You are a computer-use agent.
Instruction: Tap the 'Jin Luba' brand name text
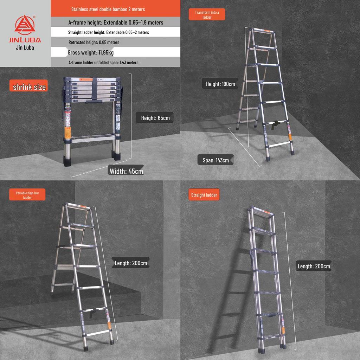(x=25, y=48)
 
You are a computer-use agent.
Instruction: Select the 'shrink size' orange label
(x=29, y=87)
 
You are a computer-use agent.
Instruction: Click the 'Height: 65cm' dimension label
(x=155, y=118)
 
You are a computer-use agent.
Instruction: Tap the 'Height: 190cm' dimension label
(x=220, y=84)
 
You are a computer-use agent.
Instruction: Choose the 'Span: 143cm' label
(x=216, y=160)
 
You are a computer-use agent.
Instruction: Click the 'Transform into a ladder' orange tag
(x=207, y=15)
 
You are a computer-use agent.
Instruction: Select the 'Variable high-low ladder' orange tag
(x=27, y=195)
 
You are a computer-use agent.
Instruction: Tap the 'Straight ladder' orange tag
(x=204, y=195)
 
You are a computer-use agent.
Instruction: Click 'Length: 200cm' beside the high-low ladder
(x=131, y=263)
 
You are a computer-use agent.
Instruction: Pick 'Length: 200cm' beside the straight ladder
(x=314, y=266)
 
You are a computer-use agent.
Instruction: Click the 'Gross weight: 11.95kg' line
(x=91, y=52)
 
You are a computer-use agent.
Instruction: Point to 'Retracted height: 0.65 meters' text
(x=94, y=42)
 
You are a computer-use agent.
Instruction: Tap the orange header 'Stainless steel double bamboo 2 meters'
(x=108, y=9)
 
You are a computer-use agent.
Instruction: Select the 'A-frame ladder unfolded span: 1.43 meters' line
(x=103, y=63)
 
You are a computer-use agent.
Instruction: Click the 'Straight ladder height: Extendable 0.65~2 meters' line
(x=108, y=32)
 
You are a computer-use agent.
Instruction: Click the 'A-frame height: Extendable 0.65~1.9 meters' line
(x=116, y=22)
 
